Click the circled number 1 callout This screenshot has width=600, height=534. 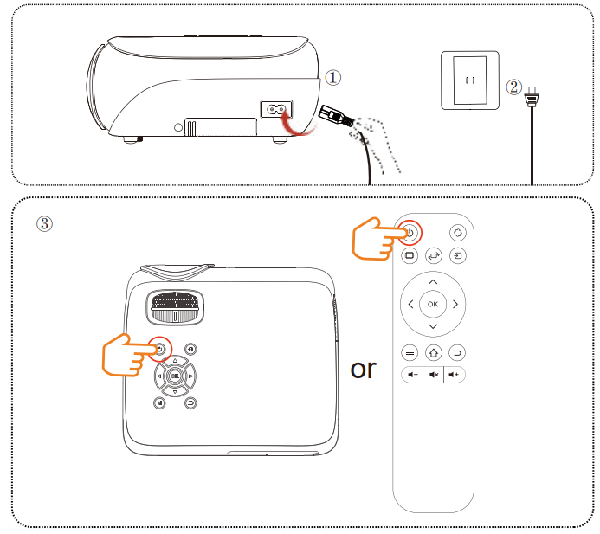point(333,78)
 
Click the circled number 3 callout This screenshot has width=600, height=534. point(44,222)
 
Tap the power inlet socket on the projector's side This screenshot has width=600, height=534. point(279,110)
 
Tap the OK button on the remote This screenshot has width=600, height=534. point(433,305)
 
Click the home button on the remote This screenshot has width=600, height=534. point(433,352)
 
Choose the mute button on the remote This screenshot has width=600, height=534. point(433,375)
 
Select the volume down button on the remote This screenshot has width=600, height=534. point(410,375)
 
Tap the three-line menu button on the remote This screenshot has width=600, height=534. point(410,352)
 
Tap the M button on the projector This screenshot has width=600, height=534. point(160,402)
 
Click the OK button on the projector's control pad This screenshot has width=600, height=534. point(175,376)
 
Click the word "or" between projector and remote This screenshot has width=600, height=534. point(364,369)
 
